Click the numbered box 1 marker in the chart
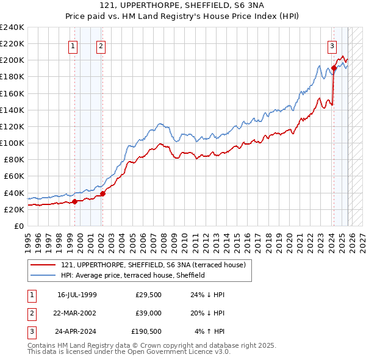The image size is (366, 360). [73, 45]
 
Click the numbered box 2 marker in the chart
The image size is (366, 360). [100, 45]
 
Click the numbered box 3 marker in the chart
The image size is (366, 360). [332, 45]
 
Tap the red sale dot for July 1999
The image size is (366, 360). [74, 201]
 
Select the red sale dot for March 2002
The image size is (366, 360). [102, 193]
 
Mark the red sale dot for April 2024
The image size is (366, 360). [334, 68]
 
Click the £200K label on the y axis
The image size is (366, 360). [12, 60]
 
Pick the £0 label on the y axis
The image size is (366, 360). [18, 226]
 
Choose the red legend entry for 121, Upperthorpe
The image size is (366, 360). [153, 265]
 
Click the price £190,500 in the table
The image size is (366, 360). [146, 331]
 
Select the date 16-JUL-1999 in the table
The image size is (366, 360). [77, 295]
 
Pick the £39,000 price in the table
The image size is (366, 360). [148, 313]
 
